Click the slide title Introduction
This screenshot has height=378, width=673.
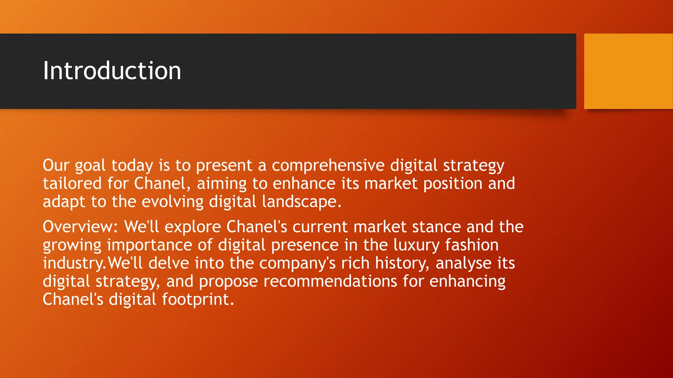pos(112,71)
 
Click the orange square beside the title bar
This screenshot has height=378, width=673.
pos(628,71)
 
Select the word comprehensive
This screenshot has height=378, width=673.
pos(328,165)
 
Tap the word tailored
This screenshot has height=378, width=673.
pos(72,183)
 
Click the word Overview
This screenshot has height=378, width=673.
pos(80,227)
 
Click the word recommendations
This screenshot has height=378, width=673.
pos(330,282)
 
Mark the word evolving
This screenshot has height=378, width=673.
pos(173,201)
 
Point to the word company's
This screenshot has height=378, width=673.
pos(297,263)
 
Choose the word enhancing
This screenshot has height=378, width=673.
pos(467,282)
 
